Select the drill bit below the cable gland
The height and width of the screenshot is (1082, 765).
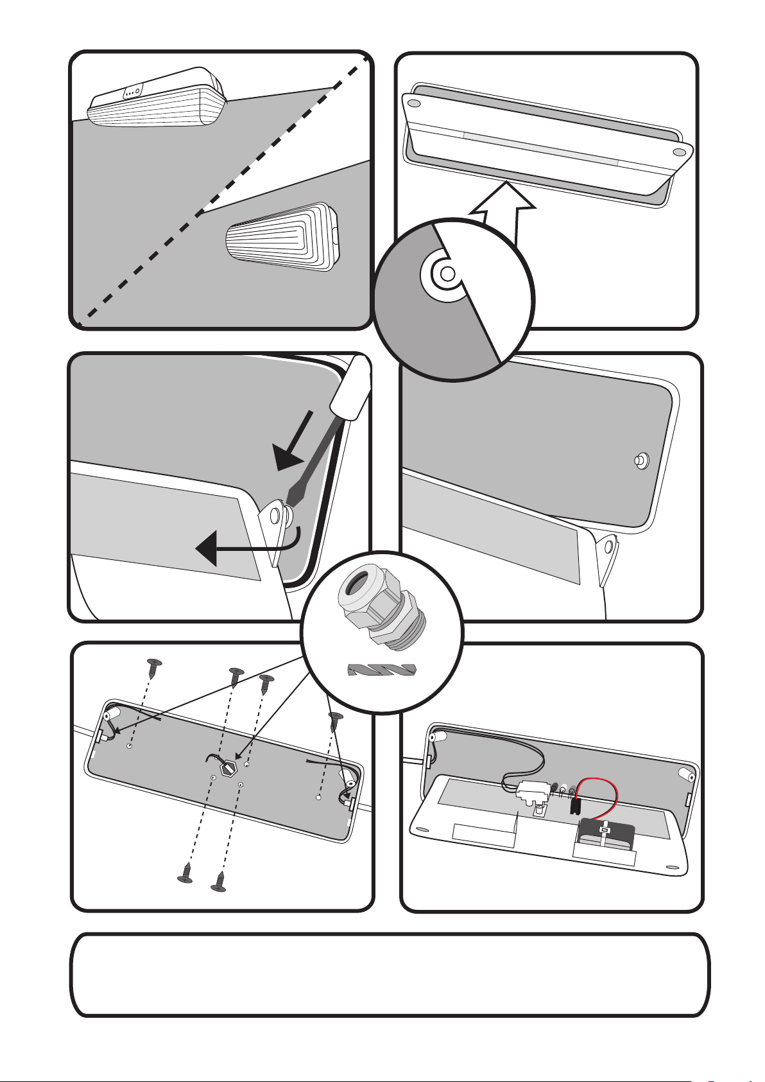tap(381, 671)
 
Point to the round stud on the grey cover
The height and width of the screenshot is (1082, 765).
tap(639, 460)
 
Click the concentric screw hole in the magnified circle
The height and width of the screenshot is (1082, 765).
tap(447, 273)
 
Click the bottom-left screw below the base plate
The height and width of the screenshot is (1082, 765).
tap(185, 873)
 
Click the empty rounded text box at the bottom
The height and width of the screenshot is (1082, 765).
tap(390, 975)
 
